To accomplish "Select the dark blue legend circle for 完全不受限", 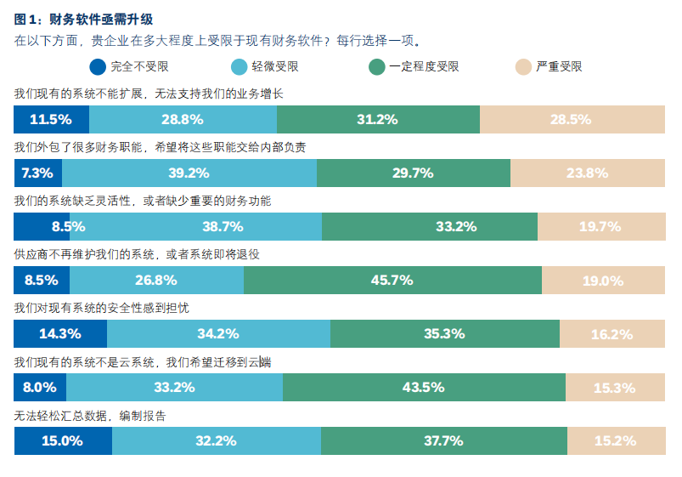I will pos(98,66).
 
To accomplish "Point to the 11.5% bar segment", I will pos(51,119).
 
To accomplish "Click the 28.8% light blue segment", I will pos(183,119).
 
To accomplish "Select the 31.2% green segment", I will pos(378,119).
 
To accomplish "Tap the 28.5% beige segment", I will pos(572,119).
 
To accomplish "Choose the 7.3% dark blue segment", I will pos(38,173).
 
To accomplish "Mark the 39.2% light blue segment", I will pos(189,173).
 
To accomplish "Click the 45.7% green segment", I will pos(392,280).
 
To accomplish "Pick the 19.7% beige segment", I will pos(600,226).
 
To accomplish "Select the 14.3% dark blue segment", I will pos(60,333).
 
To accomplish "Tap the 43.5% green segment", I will pos(424,387).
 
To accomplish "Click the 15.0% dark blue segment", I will pos(63,440).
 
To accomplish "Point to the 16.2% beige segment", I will pos(612,333).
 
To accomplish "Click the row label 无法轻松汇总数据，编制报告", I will pos(90,416).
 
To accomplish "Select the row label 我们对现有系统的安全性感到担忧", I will pos(107,308).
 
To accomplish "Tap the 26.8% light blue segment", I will pos(156,280).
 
